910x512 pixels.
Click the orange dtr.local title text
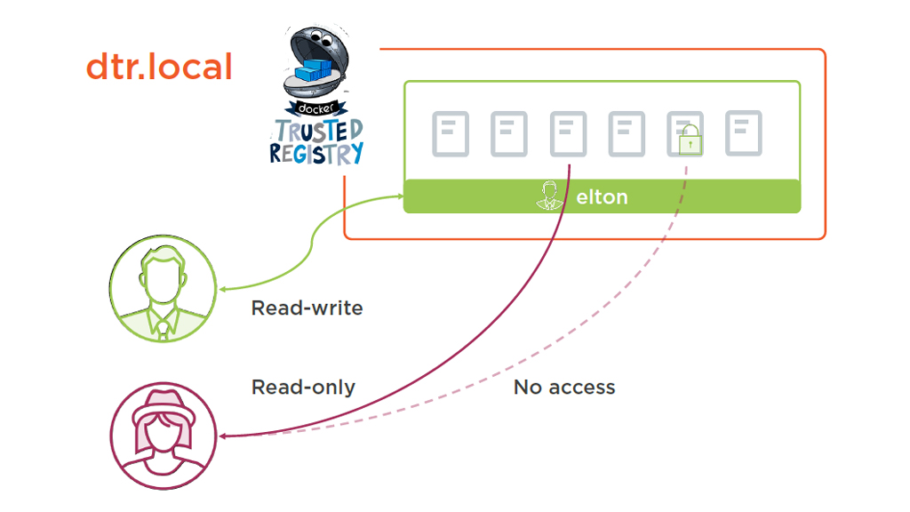click(159, 68)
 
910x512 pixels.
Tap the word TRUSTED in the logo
click(318, 131)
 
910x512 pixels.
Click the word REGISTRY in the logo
click(316, 153)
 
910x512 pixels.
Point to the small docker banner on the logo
click(317, 109)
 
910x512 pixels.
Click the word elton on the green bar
click(602, 196)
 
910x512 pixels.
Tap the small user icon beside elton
click(551, 196)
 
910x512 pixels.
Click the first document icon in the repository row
click(451, 134)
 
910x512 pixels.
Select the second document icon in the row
click(509, 134)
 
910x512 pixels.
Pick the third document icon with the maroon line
click(568, 134)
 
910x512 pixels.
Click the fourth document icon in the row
click(627, 134)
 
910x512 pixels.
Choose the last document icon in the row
click(744, 133)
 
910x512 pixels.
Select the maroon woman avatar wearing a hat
click(163, 436)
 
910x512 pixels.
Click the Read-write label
click(307, 308)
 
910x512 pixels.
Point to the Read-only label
click(303, 387)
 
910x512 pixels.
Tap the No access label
click(564, 387)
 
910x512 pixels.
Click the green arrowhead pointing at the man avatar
click(223, 289)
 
